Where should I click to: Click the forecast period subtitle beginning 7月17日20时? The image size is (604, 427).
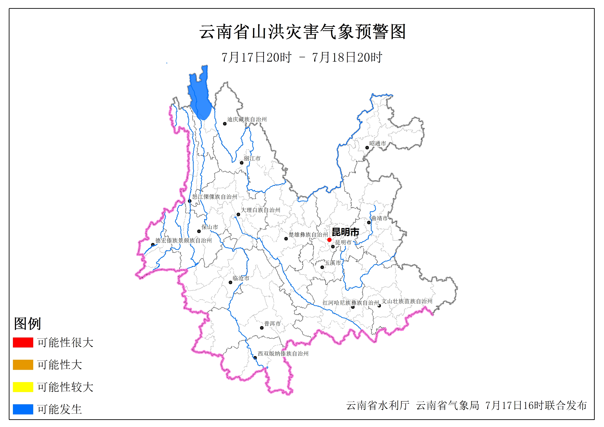pos(302,57)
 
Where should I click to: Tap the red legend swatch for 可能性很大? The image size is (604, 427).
pos(23,342)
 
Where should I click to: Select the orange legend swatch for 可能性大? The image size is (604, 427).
pos(23,365)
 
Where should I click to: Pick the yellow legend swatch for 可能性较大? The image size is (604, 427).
pos(23,387)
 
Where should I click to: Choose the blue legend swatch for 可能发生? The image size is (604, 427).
pos(23,409)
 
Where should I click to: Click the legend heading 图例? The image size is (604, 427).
pos(27,323)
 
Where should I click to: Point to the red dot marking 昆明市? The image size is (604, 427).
pos(329,240)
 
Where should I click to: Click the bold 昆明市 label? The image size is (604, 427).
pos(345,232)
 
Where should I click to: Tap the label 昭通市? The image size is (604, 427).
pos(377,143)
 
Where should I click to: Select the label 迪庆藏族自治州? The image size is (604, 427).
pos(247,119)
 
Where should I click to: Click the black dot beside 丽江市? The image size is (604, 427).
pos(241,163)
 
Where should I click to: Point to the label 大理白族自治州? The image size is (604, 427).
pos(260,210)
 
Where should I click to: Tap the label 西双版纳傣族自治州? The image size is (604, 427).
pos(283,354)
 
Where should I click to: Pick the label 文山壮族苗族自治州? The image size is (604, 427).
pos(407,301)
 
